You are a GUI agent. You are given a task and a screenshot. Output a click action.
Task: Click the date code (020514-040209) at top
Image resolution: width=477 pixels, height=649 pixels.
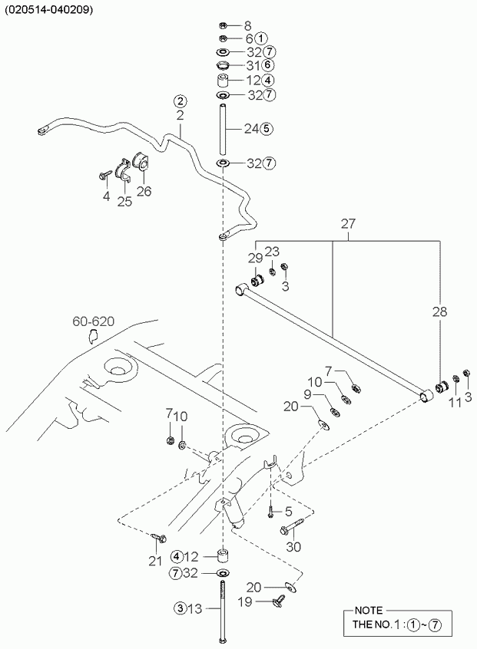pos(49,10)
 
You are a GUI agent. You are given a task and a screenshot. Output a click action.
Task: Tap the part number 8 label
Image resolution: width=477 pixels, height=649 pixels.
pos(248,26)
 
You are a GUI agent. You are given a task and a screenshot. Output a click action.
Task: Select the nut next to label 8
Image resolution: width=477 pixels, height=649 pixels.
pos(223,25)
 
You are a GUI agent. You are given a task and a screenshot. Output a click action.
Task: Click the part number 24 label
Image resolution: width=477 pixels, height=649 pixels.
pos(251,129)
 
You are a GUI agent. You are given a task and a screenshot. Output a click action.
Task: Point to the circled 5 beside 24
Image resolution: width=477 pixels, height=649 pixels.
pos(267,129)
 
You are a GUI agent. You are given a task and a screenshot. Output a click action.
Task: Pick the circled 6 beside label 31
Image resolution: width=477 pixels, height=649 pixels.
pos(268,65)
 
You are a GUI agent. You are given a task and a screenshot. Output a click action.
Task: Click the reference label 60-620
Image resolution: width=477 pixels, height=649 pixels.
pos(93,321)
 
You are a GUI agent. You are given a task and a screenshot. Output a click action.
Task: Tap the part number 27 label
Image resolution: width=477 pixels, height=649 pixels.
pos(348,223)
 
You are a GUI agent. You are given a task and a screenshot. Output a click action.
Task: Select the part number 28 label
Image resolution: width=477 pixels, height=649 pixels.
pos(439,311)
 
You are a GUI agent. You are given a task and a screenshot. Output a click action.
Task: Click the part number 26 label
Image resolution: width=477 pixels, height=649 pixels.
pos(144,191)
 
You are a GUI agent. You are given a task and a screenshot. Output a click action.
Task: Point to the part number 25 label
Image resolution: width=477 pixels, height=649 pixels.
pos(124,201)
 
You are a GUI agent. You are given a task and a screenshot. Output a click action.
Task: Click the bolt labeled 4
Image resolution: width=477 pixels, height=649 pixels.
pos(105,175)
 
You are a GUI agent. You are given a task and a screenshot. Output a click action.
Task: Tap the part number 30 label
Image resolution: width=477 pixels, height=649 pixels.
pos(293,547)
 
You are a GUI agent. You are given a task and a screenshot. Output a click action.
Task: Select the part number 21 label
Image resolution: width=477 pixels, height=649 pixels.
pos(155,561)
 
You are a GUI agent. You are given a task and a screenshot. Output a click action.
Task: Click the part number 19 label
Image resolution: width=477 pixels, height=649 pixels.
pos(245,601)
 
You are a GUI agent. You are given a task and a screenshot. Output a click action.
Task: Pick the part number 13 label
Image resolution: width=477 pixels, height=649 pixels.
pos(195,608)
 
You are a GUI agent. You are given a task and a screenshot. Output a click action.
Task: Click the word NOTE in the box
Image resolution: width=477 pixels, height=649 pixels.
pos(369,611)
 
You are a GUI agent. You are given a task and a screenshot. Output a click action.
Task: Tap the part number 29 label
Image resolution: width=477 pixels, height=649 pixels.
pos(256,258)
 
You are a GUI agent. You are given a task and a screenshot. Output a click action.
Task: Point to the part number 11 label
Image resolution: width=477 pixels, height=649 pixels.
pos(455,402)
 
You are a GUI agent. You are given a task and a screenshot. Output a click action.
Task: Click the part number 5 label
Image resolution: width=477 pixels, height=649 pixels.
pos(289,512)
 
